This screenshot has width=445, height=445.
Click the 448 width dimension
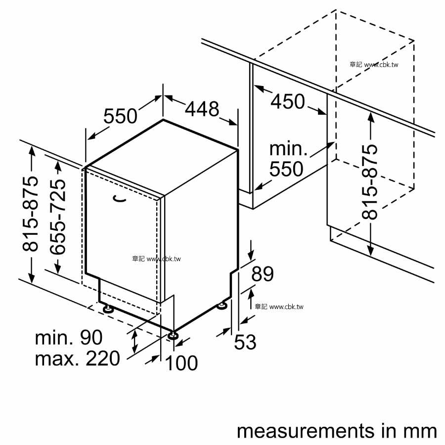point(202,109)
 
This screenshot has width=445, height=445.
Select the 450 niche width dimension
point(288,101)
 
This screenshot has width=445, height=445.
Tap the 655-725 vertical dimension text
point(58,217)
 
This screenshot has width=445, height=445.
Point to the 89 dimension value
point(263,273)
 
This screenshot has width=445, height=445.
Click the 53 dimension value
point(245,342)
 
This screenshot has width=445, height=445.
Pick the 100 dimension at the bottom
point(181,363)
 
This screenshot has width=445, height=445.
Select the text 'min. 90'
point(69,338)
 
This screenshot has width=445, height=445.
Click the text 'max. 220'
point(77,358)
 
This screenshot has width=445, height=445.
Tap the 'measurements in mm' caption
point(337,431)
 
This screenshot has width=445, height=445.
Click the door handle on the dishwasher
point(119,199)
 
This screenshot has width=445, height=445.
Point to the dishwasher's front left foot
point(107,309)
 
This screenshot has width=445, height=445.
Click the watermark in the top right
point(374,64)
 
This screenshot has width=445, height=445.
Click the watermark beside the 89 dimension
point(279,307)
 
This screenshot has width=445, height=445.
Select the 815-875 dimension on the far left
point(32,214)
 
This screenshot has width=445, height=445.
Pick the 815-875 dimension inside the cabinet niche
point(370,182)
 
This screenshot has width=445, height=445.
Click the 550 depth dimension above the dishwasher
point(120,116)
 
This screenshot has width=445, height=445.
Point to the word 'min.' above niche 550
point(288,149)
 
